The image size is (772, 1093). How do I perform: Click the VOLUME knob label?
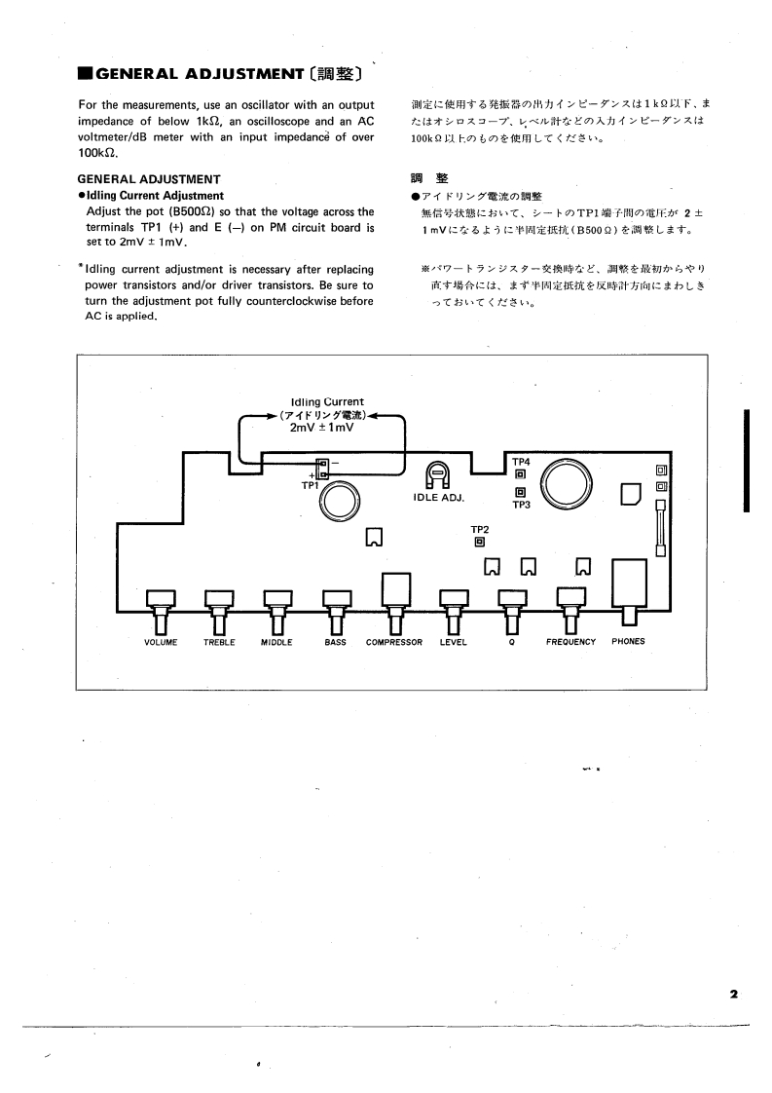tap(161, 642)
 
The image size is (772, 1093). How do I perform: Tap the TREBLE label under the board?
tap(219, 642)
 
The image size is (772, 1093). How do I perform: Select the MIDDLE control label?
tap(277, 642)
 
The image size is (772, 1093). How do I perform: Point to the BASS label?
tap(336, 642)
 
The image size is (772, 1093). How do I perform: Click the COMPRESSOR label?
tap(394, 642)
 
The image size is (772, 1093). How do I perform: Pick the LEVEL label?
tap(454, 642)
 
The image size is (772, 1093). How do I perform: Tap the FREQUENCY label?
tap(570, 642)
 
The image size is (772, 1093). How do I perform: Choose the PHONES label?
tap(628, 642)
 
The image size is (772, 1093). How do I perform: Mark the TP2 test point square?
tap(479, 542)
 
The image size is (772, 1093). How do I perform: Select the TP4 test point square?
tap(521, 474)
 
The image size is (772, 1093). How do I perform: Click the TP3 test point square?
tap(521, 492)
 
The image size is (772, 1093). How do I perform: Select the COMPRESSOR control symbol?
tap(394, 594)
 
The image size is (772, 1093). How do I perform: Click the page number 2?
tap(733, 994)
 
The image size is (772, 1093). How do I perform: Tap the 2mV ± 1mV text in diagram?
tap(321, 427)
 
